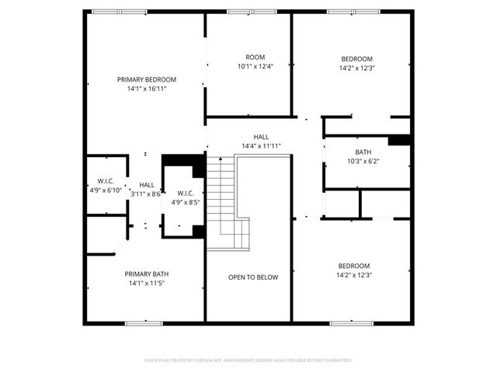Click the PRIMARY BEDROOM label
[147, 79]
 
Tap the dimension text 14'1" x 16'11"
[147, 89]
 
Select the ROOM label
[255, 57]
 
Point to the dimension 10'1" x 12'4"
[255, 66]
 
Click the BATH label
[363, 152]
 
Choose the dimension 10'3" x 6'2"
[363, 162]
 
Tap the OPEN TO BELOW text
[253, 277]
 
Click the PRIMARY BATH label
[147, 274]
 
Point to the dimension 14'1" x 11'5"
[147, 283]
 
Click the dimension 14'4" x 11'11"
[261, 146]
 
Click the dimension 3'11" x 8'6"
[146, 193]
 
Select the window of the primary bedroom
[118, 12]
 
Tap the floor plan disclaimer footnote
[248, 361]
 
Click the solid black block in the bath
[399, 141]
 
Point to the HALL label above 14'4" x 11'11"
[261, 137]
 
